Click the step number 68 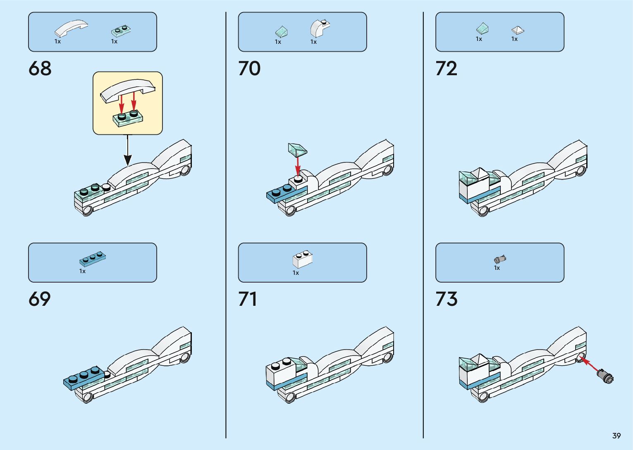[40, 69]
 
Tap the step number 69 [40, 299]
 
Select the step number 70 [249, 69]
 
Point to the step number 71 [248, 299]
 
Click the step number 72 [447, 69]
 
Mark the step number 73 [447, 299]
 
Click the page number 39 [616, 436]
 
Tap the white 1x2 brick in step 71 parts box [302, 259]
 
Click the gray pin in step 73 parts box [500, 259]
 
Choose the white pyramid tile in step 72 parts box [517, 30]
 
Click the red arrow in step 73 [589, 364]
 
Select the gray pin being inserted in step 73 [606, 376]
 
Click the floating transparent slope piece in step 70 [297, 149]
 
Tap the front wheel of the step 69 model [88, 398]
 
